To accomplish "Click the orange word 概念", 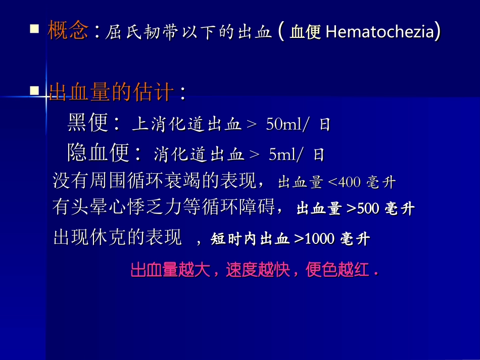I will [68, 31].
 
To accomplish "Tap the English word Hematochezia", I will [380, 32].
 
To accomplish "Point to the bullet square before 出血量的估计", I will [34, 91].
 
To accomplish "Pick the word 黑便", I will [88, 123].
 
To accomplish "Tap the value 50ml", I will [283, 125].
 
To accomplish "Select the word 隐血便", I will [99, 153].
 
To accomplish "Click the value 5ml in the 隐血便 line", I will [281, 155].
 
